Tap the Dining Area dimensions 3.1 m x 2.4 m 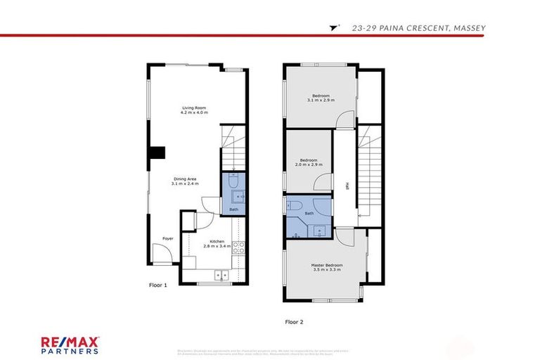186,184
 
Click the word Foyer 168,238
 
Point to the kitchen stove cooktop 238,247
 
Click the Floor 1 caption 158,285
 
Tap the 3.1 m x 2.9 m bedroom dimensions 321,101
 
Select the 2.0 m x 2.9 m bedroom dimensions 309,165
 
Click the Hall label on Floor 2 347,186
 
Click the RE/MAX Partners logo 69,345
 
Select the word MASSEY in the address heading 465,28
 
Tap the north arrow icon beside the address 333,28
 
